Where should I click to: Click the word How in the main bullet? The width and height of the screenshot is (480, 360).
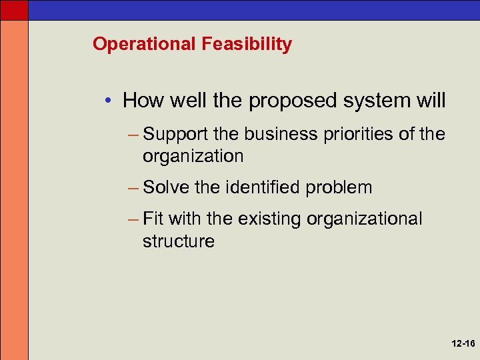(x=142, y=101)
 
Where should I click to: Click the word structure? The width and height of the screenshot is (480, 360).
(x=178, y=241)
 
